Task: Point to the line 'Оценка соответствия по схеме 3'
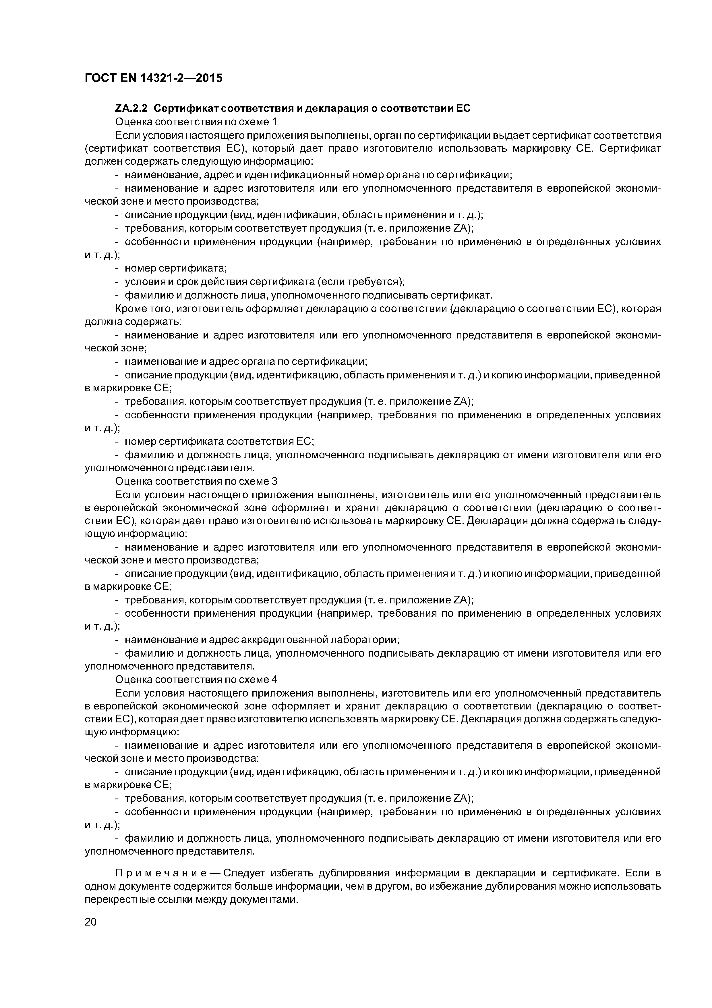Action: coord(196,481)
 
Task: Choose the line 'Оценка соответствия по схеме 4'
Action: coord(196,680)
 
